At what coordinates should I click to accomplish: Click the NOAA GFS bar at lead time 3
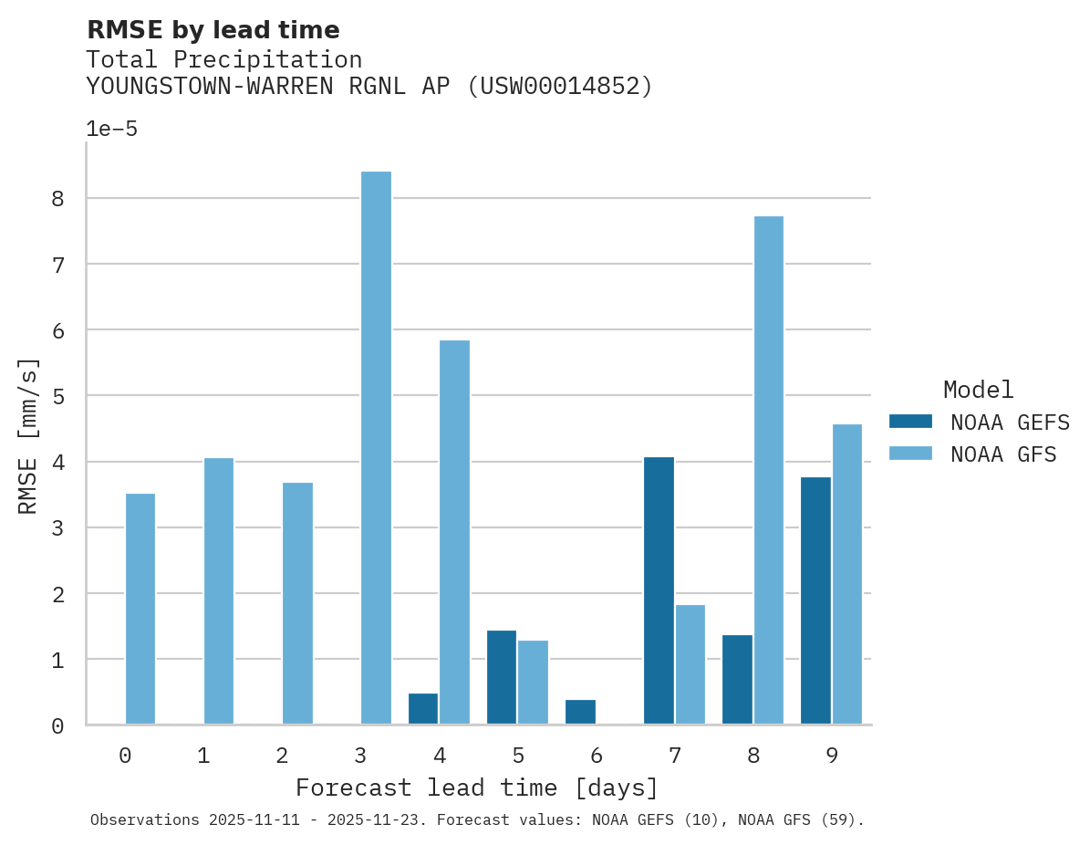tap(376, 448)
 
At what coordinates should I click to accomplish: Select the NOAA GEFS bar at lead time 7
tap(659, 590)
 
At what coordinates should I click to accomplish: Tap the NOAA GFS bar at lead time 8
tap(769, 470)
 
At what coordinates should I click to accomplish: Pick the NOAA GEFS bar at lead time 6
tap(580, 712)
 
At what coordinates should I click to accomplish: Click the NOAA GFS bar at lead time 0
tap(140, 609)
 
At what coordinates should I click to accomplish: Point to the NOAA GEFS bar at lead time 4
tap(423, 709)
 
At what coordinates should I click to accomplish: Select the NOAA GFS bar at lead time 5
tap(533, 683)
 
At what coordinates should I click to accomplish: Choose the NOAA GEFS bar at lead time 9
tap(815, 600)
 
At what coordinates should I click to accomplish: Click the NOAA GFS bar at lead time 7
tap(690, 664)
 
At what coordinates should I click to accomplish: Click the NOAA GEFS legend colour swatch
tap(910, 422)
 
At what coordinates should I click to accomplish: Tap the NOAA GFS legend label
tap(1003, 454)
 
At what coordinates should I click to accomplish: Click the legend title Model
tap(978, 391)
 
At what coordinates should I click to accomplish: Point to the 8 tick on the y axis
tap(57, 199)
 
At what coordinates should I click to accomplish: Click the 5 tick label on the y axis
tap(57, 396)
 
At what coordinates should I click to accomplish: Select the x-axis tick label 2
tap(282, 756)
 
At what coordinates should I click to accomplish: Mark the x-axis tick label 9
tap(832, 756)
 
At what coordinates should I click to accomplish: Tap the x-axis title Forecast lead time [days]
tap(477, 788)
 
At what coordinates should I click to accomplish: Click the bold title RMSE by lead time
tap(213, 30)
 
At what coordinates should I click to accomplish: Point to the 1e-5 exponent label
tap(112, 129)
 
